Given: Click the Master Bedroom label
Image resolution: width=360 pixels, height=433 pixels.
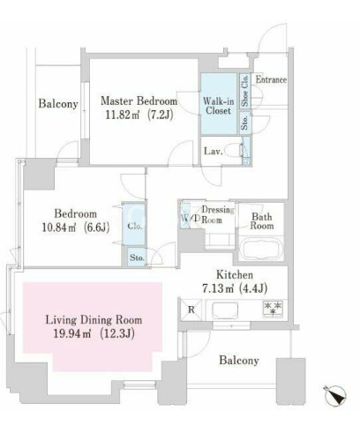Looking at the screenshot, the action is pyautogui.click(x=139, y=101).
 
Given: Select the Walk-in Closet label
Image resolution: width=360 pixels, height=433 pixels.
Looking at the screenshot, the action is pyautogui.click(x=219, y=106).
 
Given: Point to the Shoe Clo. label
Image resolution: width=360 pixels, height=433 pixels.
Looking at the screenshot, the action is pyautogui.click(x=244, y=91).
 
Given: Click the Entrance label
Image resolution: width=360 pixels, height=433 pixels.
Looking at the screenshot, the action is pyautogui.click(x=271, y=79).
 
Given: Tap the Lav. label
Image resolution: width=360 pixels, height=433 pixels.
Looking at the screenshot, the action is pyautogui.click(x=214, y=151).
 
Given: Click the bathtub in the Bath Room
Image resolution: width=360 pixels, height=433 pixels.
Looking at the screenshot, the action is pyautogui.click(x=261, y=249).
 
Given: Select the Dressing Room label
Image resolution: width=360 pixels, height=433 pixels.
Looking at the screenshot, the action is pyautogui.click(x=218, y=214).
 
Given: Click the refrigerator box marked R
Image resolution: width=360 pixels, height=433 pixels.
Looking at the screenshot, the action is pyautogui.click(x=191, y=310).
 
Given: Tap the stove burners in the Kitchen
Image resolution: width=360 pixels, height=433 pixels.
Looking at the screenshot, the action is pyautogui.click(x=274, y=309).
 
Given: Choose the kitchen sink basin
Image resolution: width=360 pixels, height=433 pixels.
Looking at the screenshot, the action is pyautogui.click(x=225, y=310).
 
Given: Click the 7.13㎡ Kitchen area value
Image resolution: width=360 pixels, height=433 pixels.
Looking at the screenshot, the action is pyautogui.click(x=218, y=288).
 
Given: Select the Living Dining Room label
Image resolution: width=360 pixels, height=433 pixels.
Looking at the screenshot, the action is pyautogui.click(x=94, y=319).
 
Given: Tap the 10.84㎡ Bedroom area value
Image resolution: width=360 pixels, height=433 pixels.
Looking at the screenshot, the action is pyautogui.click(x=59, y=227).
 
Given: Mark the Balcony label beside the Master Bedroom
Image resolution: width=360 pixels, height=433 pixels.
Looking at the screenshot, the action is pyautogui.click(x=58, y=104).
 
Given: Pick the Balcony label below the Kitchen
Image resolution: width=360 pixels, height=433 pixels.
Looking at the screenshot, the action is pyautogui.click(x=239, y=361).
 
